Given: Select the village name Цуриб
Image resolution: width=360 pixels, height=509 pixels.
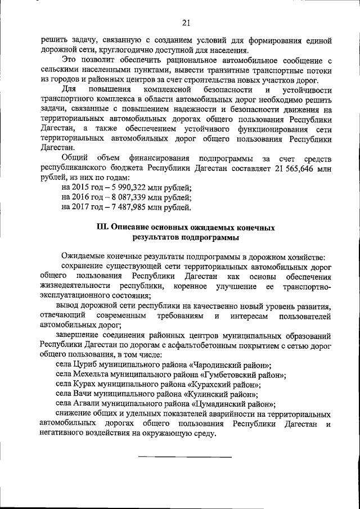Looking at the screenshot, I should (88, 365).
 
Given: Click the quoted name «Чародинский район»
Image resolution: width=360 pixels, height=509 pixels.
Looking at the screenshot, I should (232, 365).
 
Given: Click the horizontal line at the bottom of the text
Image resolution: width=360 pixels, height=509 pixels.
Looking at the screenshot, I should (186, 457).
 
